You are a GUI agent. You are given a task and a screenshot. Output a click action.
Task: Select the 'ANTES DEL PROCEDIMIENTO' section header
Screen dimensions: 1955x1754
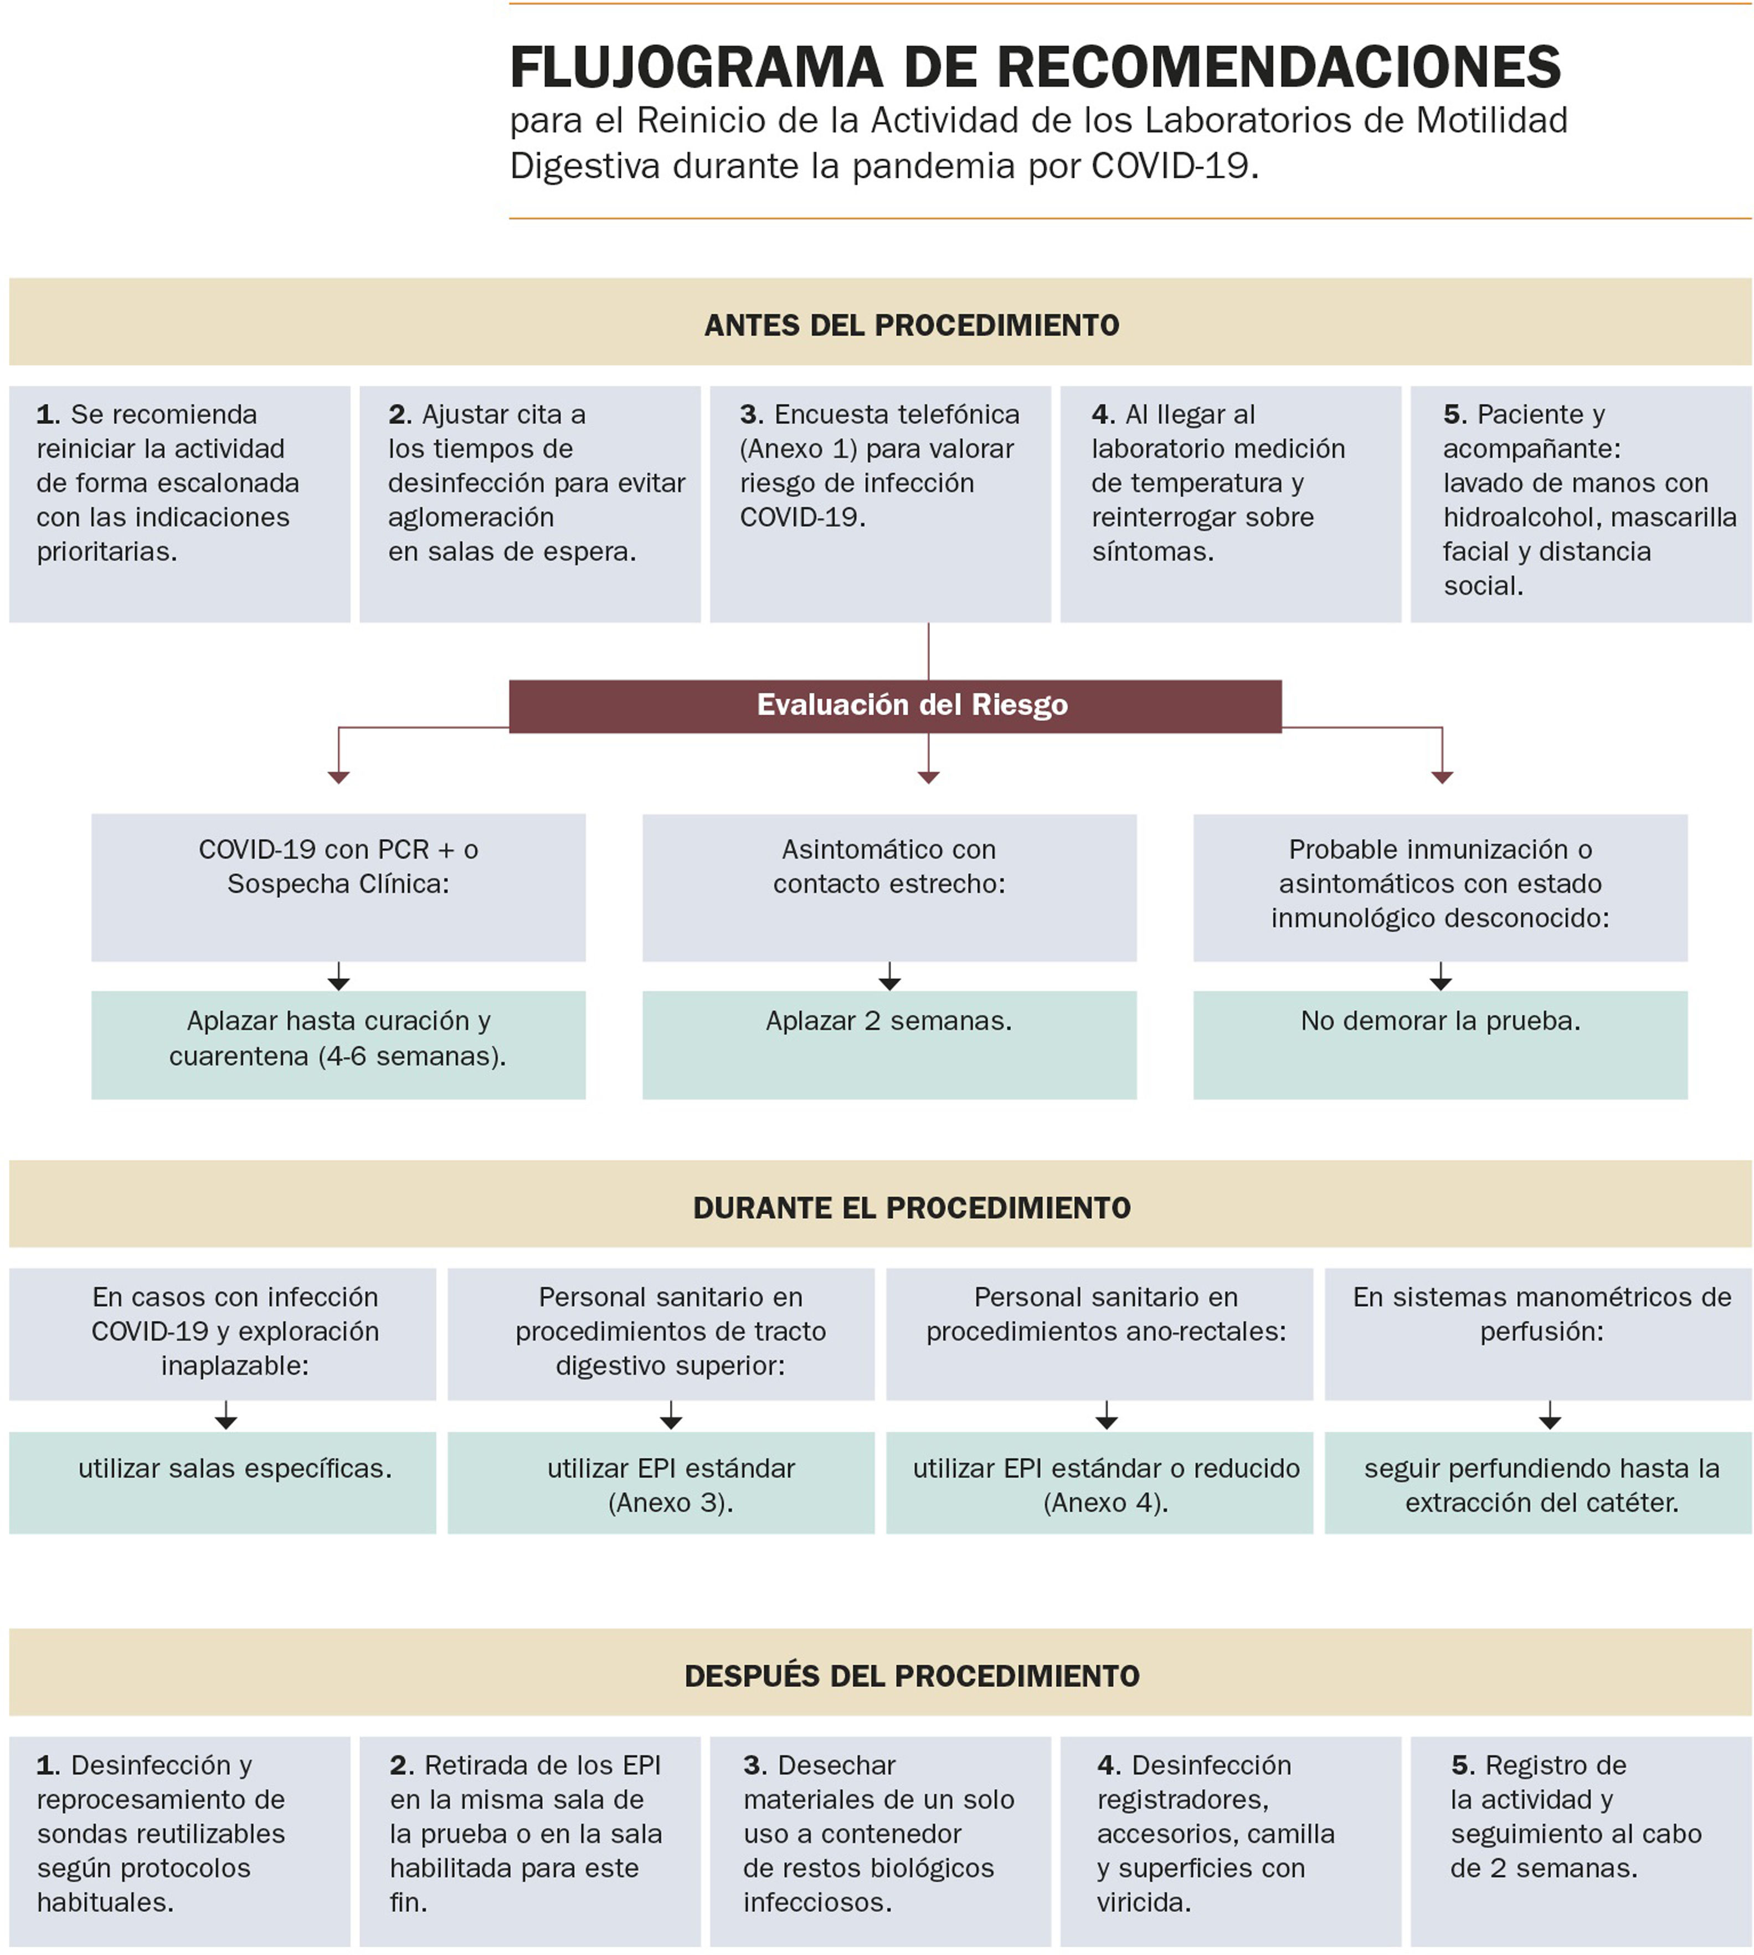point(912,325)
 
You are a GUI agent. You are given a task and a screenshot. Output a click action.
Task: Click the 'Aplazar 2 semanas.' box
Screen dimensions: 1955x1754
point(888,1044)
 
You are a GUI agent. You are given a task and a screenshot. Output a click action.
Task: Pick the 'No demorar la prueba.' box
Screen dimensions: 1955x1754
point(1440,1044)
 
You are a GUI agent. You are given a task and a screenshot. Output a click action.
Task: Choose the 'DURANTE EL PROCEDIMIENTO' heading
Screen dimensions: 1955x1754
point(912,1208)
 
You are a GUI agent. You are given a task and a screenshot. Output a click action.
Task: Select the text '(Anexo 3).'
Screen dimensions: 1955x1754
point(671,1503)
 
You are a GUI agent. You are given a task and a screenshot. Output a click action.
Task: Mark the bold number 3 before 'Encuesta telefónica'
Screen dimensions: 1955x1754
point(751,414)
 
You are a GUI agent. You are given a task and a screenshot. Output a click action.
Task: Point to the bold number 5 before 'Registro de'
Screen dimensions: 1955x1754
point(1462,1765)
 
